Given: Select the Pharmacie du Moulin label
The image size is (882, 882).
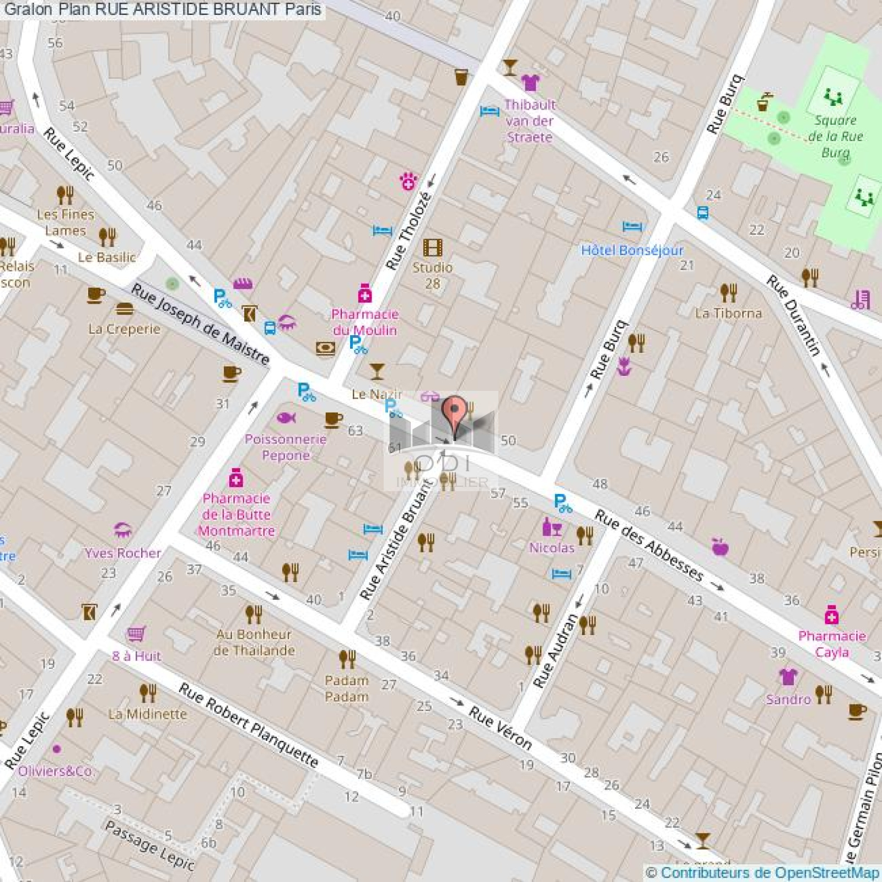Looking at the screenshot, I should (x=364, y=322).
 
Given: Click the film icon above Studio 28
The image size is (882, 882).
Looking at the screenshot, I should (x=432, y=248).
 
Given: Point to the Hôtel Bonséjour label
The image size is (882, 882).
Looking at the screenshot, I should (x=632, y=250).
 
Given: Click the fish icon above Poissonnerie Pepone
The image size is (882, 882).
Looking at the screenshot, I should (x=286, y=418).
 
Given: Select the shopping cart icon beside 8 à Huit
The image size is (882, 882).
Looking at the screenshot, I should (x=136, y=634).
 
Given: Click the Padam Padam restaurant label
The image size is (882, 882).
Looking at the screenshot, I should (x=346, y=689).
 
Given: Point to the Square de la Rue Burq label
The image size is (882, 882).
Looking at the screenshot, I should (x=835, y=136).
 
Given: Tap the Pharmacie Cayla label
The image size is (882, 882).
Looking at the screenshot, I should (x=832, y=644).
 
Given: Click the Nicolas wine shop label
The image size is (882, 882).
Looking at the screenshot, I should (x=551, y=547).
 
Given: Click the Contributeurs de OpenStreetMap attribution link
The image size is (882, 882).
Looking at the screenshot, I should (x=770, y=873).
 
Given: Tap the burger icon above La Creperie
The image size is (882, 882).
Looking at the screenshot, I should (x=125, y=309).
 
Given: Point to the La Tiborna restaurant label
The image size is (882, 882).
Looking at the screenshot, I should (x=728, y=313).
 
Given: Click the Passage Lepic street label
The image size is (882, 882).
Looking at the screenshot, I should (x=149, y=846).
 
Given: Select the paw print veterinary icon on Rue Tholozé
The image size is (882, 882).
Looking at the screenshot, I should (x=408, y=181).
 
